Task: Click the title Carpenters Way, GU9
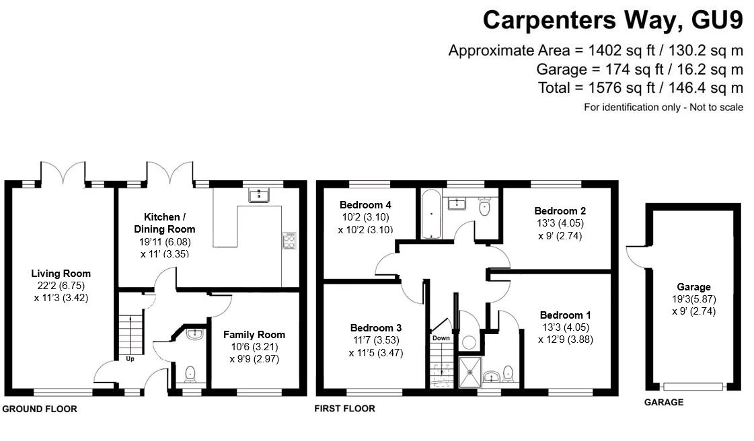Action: click(613, 20)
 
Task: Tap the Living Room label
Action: click(61, 274)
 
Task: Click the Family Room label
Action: click(254, 334)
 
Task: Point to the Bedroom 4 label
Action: click(365, 205)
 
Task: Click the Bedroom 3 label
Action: click(375, 327)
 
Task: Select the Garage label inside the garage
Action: click(693, 287)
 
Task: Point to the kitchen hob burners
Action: click(289, 240)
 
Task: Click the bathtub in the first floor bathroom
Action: click(430, 214)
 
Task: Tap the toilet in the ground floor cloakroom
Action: click(190, 372)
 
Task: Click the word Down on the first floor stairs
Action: click(441, 338)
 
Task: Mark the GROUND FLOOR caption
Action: click(40, 409)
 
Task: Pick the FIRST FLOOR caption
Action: click(345, 408)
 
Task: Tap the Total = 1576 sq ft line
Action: click(640, 88)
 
